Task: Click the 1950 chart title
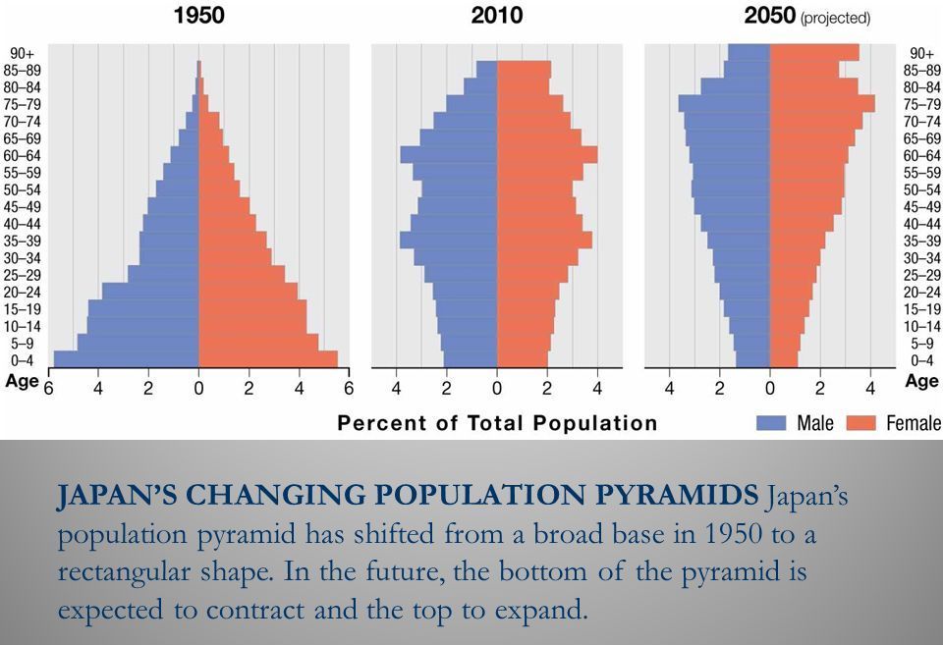click(x=198, y=15)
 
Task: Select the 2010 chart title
click(x=496, y=15)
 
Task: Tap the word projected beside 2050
click(x=835, y=18)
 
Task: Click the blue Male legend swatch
click(x=773, y=423)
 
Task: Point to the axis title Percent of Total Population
click(x=497, y=423)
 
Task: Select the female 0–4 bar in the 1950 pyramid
click(x=268, y=359)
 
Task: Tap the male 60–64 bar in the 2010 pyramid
click(x=449, y=155)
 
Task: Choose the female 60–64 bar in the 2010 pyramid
click(x=546, y=155)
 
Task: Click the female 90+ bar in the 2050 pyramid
click(x=814, y=52)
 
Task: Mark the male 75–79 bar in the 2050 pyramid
click(x=724, y=104)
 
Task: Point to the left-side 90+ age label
click(x=22, y=53)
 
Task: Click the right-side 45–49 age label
click(x=922, y=207)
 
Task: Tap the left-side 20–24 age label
click(x=22, y=293)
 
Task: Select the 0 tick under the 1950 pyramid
click(x=198, y=388)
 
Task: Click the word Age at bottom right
click(x=921, y=382)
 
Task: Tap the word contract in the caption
click(x=294, y=610)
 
